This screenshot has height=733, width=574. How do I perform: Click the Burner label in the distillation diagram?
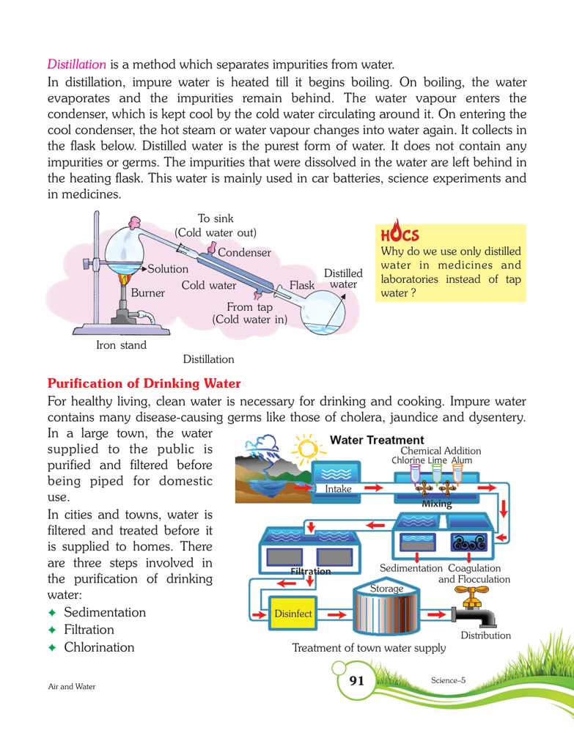[x=147, y=293]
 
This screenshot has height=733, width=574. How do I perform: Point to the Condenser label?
[x=244, y=253]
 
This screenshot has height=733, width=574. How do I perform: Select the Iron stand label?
[x=121, y=345]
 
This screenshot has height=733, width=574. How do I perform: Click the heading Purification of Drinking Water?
[x=144, y=384]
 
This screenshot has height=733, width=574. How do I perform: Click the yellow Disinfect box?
[x=292, y=614]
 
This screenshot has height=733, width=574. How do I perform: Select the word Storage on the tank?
[x=386, y=589]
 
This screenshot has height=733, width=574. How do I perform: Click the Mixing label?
[x=436, y=505]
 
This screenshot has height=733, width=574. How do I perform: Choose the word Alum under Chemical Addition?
[x=462, y=460]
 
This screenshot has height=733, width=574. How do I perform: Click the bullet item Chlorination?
[x=99, y=648]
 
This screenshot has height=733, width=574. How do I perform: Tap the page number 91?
[x=356, y=682]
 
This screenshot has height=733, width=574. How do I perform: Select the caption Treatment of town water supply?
[x=369, y=648]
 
